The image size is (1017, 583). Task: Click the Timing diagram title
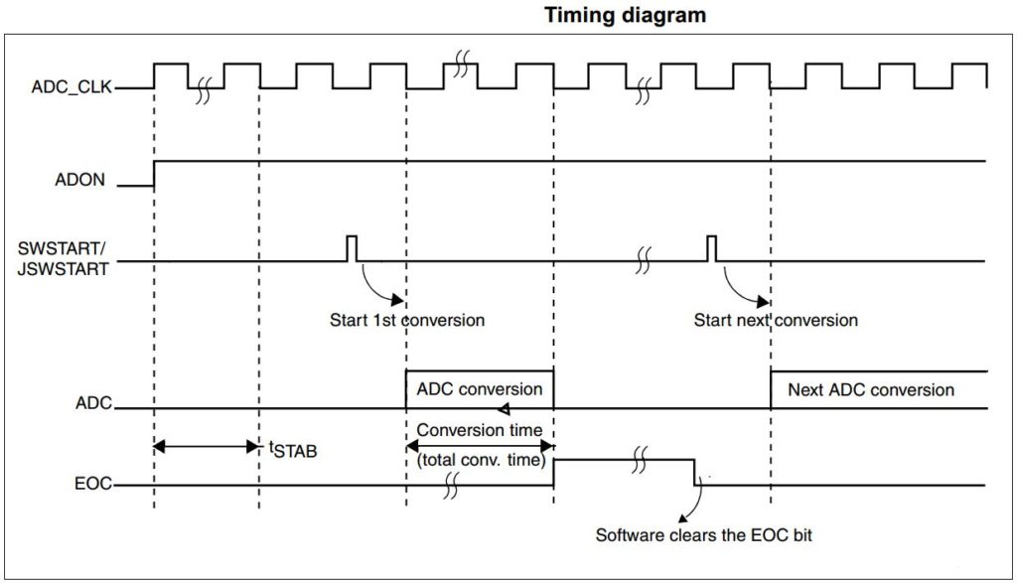[625, 15]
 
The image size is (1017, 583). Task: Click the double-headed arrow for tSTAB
[206, 446]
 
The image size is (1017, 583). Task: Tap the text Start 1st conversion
[406, 320]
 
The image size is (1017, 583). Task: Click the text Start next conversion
[775, 320]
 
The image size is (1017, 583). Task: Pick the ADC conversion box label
[479, 388]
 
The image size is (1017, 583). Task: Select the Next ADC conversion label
[870, 389]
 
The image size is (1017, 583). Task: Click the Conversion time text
[479, 430]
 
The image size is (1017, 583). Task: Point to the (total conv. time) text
[479, 460]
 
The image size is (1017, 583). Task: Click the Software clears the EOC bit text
[703, 535]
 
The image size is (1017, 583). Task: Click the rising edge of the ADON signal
[154, 172]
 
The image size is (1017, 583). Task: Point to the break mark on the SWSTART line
[644, 261]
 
